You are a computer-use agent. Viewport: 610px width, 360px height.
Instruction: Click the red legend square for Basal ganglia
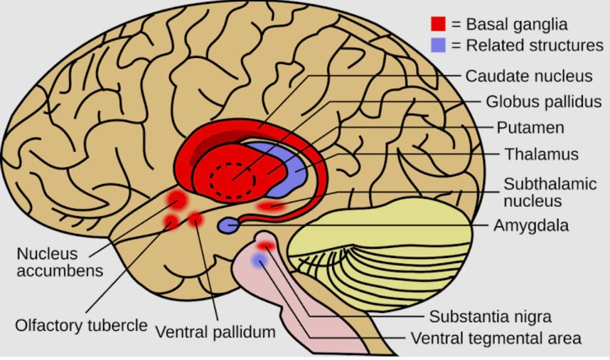pos(438,24)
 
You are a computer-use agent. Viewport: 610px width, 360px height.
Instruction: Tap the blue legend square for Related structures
pos(438,45)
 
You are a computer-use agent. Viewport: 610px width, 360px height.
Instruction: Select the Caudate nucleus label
pos(529,76)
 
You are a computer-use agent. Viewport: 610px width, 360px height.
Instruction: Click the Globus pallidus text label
pos(544,102)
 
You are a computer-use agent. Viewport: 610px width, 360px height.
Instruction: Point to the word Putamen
pos(531,128)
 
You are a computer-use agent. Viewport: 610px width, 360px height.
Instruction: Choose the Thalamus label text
pos(542,154)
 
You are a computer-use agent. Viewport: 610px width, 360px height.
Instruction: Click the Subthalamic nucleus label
pos(550,193)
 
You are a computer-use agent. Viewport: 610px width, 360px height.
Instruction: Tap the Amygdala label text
pos(531,226)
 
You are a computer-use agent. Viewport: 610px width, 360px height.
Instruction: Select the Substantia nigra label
pos(491,317)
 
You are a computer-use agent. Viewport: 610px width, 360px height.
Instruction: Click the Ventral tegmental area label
pos(496,338)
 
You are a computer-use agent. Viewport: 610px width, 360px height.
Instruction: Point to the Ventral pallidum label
pos(215,332)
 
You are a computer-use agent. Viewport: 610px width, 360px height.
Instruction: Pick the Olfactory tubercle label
pos(81,326)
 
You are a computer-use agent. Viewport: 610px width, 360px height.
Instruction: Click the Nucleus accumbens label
pos(60,262)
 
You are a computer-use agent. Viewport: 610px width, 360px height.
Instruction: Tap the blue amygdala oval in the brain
pos(229,226)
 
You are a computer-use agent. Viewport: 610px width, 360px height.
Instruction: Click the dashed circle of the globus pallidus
pos(233,164)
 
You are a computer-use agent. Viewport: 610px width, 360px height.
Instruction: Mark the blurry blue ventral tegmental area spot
pos(259,260)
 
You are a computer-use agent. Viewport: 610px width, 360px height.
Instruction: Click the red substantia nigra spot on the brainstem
pos(266,246)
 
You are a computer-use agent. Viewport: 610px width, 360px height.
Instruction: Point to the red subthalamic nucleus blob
pos(271,206)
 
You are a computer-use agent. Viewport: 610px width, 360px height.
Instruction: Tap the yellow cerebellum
pos(381,253)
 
